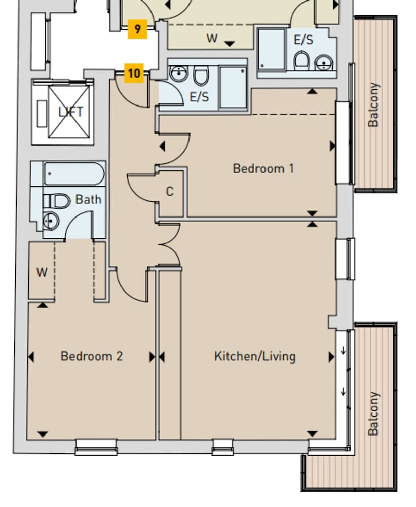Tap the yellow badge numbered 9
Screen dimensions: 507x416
[137, 29]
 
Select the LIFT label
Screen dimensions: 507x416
[70, 112]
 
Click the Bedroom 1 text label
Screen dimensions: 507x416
[263, 168]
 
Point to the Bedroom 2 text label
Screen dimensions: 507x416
[91, 356]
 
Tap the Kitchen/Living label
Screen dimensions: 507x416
[254, 356]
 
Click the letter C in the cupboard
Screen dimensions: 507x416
[170, 192]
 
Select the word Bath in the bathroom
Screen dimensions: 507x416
[88, 199]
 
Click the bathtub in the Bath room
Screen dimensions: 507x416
[74, 174]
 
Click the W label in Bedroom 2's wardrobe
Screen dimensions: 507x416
[42, 273]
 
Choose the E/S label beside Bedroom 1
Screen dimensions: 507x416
[199, 97]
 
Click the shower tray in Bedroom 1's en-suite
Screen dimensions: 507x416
[233, 87]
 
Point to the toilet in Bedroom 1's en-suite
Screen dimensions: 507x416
[201, 76]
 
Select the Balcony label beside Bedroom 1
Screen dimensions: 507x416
[373, 105]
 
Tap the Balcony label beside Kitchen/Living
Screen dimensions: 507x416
[373, 413]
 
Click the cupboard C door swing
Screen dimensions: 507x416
[142, 188]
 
